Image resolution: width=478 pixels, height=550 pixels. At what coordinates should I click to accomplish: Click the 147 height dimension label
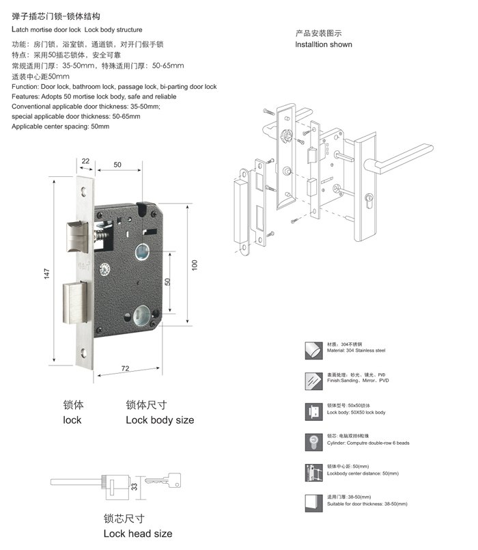47,273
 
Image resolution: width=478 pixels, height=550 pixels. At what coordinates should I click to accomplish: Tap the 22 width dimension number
85,161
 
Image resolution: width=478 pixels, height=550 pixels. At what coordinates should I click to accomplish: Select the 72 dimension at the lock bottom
125,368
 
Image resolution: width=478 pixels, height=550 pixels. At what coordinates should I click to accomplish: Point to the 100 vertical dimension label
195,265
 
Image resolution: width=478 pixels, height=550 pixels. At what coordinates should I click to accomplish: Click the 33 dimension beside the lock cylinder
135,487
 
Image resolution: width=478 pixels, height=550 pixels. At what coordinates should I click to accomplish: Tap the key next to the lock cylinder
163,480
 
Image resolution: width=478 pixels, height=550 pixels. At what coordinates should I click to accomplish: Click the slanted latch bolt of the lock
77,237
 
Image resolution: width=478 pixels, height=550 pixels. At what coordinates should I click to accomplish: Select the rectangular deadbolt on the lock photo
75,303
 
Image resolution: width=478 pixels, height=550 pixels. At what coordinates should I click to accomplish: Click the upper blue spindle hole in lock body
142,252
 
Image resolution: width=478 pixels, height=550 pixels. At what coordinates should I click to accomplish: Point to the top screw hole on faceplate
83,191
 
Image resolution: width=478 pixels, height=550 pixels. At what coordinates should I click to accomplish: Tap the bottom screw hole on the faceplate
83,353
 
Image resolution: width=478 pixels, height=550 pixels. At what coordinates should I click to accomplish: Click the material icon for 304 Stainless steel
314,350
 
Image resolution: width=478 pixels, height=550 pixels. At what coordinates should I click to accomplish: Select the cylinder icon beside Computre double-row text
314,442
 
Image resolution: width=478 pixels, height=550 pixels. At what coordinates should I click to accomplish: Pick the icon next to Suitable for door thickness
314,504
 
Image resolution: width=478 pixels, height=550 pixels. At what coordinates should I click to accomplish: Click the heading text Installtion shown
324,44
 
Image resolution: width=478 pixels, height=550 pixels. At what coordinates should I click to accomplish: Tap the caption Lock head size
138,534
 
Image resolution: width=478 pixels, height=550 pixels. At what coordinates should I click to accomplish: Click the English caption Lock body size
160,420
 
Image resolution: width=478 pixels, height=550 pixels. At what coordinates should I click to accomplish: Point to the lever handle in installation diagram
398,159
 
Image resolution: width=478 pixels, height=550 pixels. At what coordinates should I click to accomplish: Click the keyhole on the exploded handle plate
369,201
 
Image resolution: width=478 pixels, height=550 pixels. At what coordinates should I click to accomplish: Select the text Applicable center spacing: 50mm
60,126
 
